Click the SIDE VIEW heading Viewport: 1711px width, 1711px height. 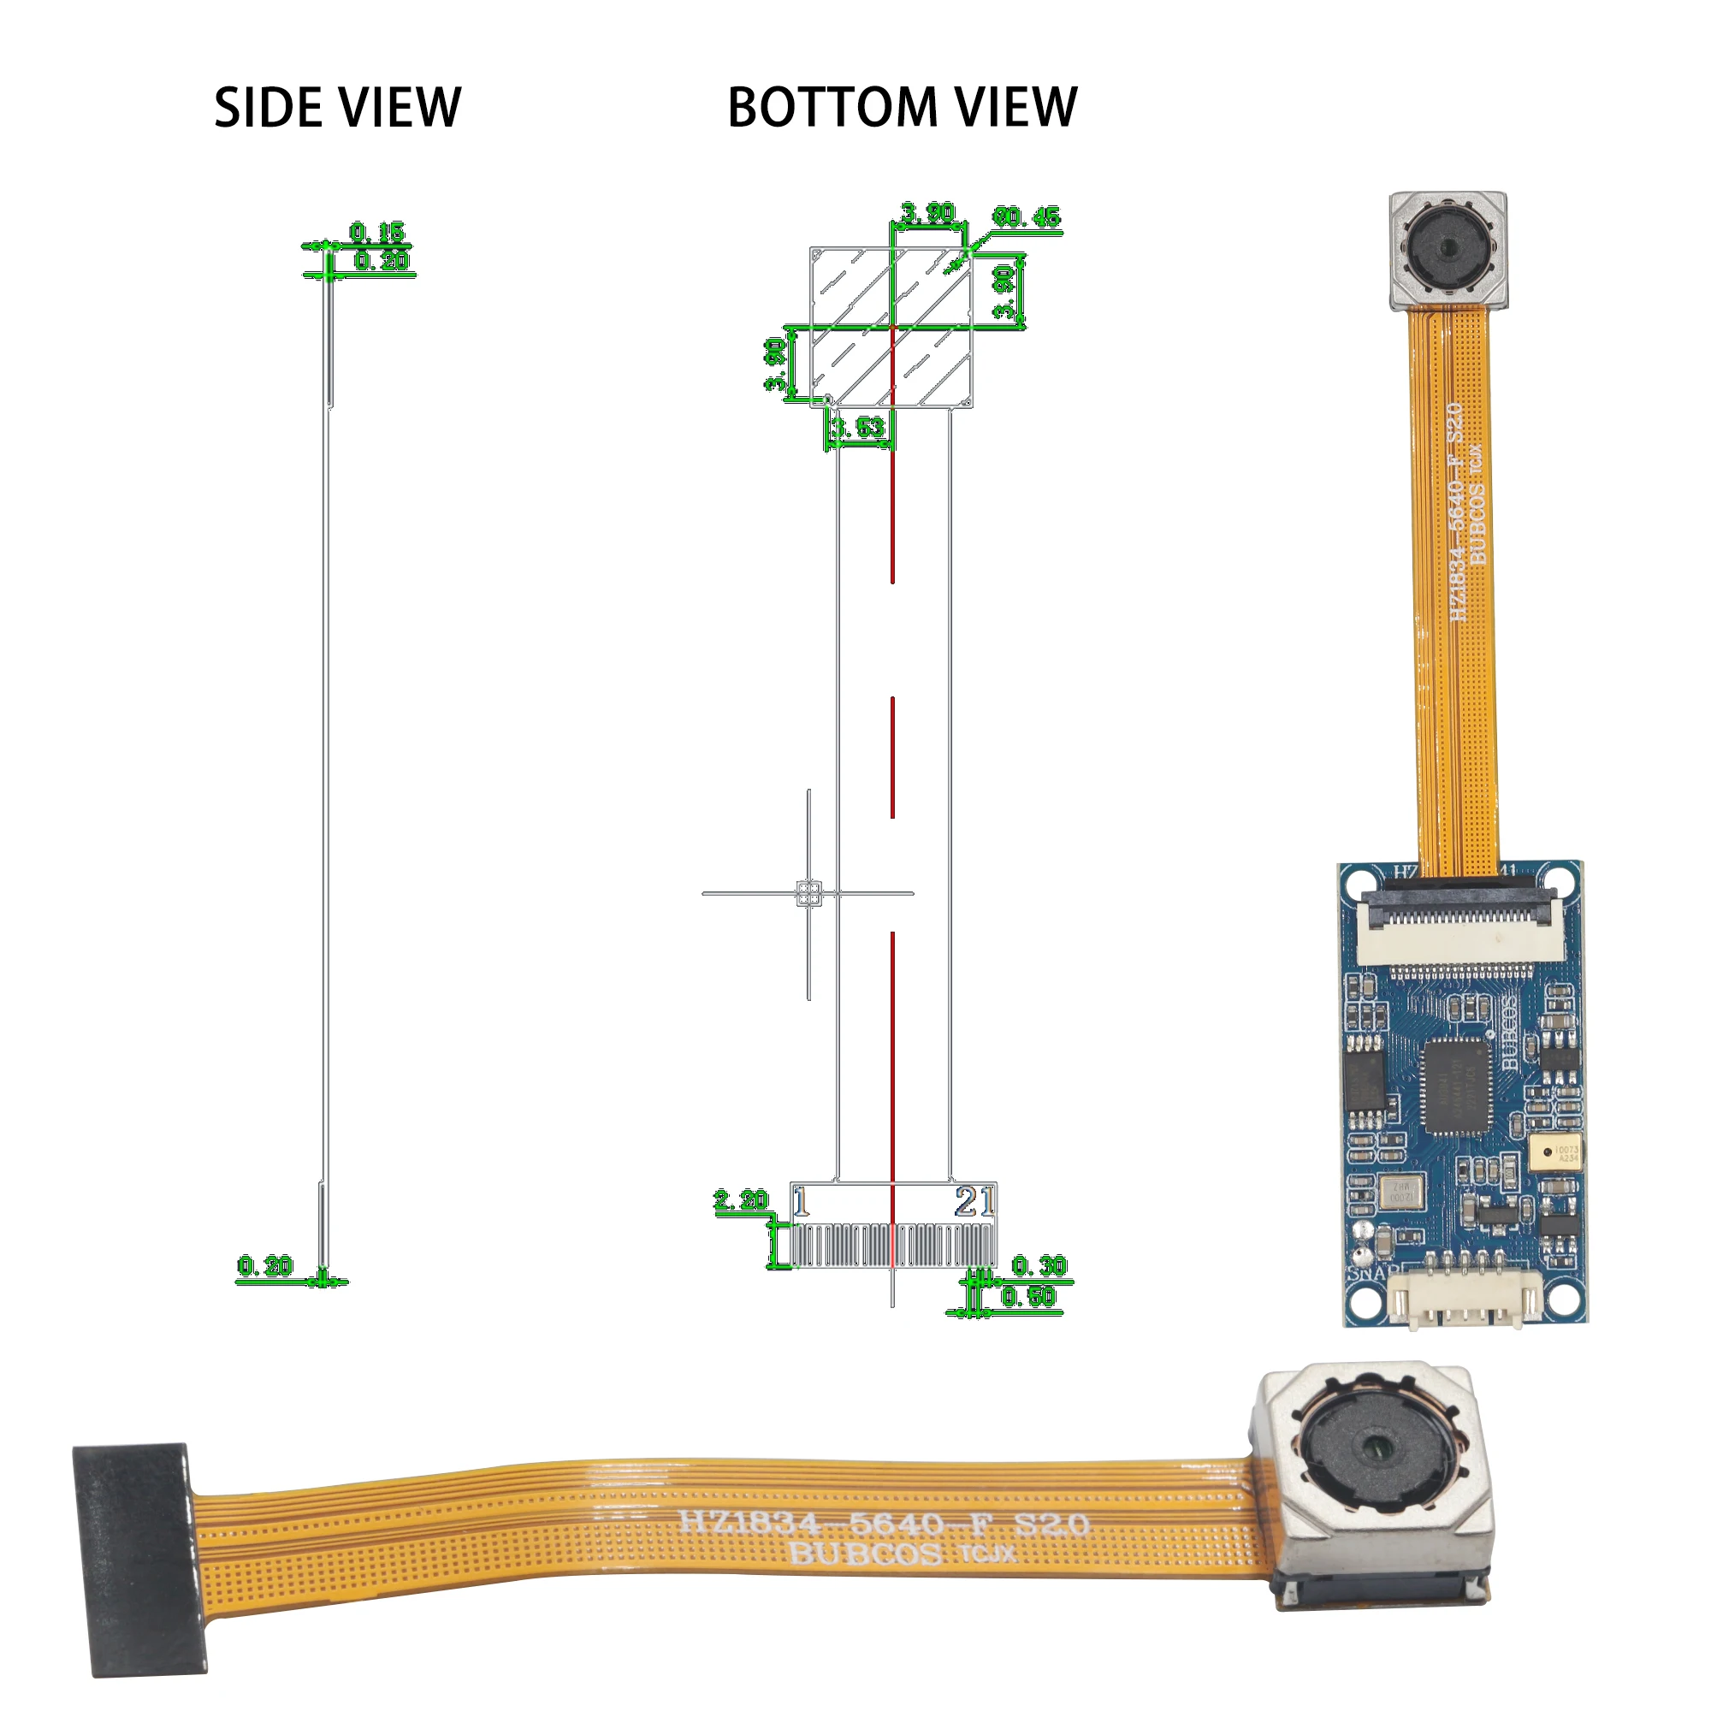337,108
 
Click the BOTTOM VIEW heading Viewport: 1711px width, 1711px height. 902,108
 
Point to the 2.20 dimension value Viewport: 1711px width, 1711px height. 741,1201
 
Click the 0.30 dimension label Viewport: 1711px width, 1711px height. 1039,1265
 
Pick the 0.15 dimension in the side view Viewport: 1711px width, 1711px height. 377,233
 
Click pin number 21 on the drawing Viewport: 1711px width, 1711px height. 974,1202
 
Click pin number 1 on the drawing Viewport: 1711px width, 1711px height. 801,1203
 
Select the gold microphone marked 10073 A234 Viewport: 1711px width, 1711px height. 1554,1152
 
